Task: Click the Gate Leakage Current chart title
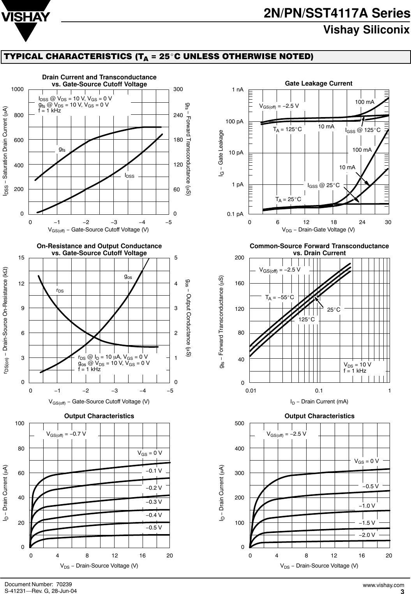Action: point(318,84)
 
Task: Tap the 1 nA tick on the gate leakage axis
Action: point(237,89)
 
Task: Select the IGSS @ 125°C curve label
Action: point(363,130)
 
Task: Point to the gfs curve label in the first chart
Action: point(62,149)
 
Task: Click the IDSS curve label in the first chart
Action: point(129,176)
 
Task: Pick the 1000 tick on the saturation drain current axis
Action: point(18,89)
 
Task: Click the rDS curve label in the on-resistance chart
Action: point(60,290)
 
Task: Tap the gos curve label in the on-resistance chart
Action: point(128,277)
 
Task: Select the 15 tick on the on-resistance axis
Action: point(22,258)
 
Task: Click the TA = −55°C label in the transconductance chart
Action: point(279,298)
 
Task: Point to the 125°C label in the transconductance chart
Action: point(306,319)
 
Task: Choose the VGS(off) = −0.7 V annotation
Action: point(66,434)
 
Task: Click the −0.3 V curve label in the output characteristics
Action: point(153,502)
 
